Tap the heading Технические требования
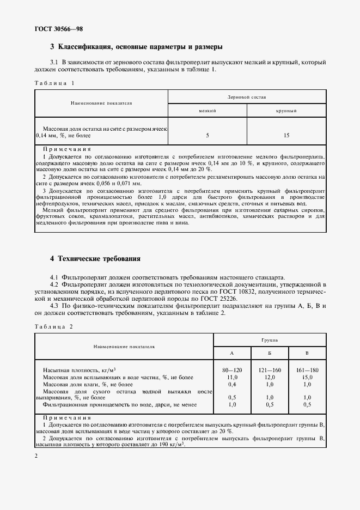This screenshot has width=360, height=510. [x=95, y=259]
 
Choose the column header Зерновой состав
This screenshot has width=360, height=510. [x=247, y=96]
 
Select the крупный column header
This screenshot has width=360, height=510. [x=286, y=111]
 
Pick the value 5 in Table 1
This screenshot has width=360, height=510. [x=208, y=135]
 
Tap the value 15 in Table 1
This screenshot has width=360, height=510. [x=286, y=135]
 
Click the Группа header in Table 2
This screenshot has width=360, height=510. [x=269, y=339]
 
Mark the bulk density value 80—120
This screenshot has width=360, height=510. [x=232, y=370]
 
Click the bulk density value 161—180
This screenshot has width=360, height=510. [x=307, y=370]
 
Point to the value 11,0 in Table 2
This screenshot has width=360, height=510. [x=232, y=377]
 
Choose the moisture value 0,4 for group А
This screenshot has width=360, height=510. [x=232, y=384]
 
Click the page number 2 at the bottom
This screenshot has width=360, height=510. [x=36, y=456]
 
